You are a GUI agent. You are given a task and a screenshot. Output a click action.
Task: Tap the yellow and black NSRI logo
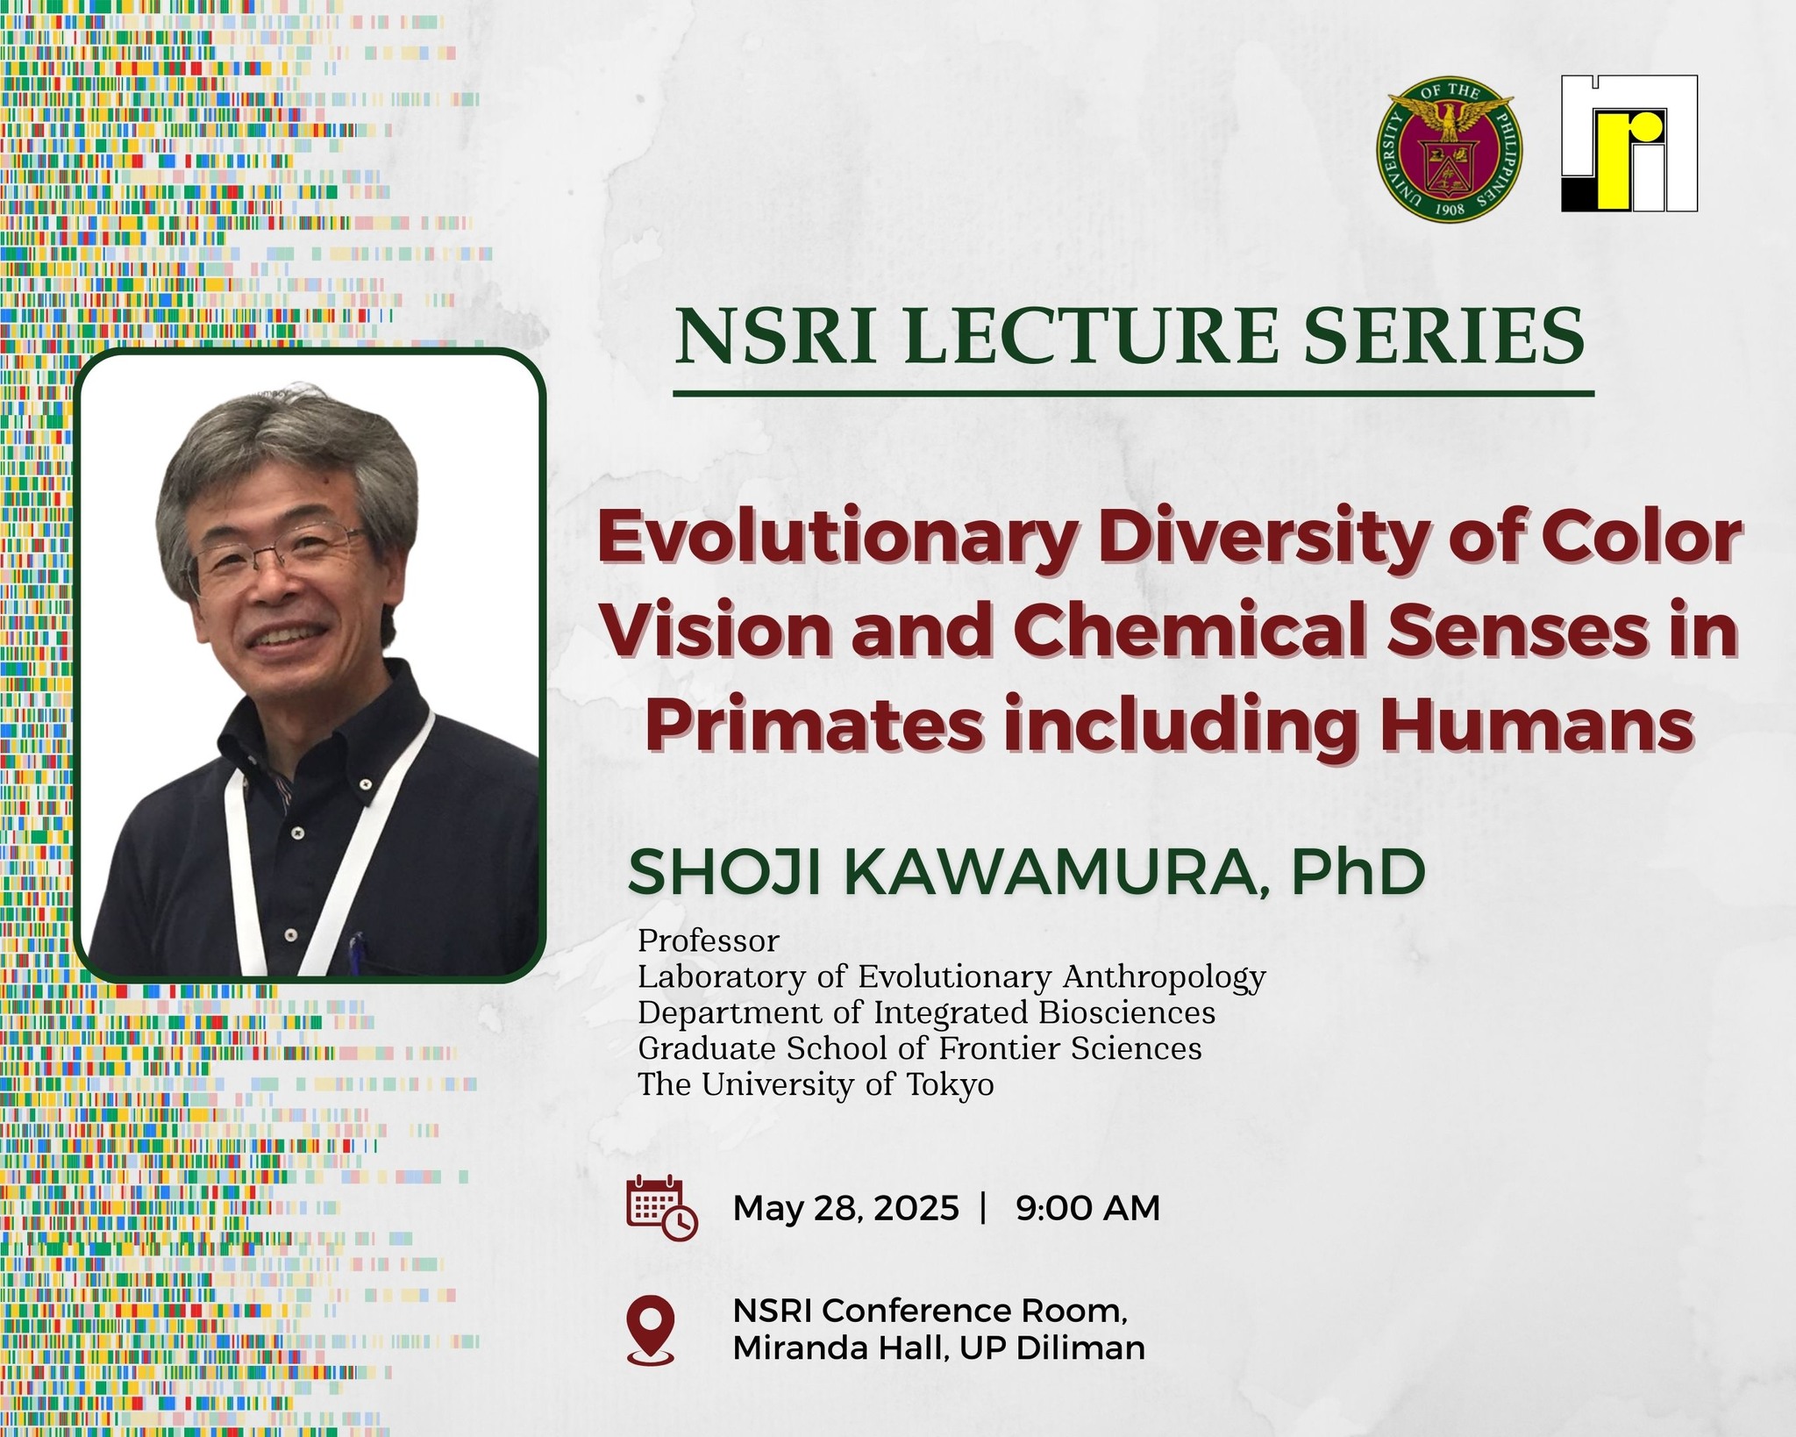[1629, 143]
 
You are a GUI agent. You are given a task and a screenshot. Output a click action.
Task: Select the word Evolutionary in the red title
[835, 539]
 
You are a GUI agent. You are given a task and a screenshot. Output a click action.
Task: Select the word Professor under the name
[709, 940]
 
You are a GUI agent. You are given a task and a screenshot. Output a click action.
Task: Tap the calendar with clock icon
[662, 1208]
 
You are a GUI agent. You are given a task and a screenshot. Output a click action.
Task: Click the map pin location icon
[651, 1330]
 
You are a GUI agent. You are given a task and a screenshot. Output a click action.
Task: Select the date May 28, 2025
[846, 1208]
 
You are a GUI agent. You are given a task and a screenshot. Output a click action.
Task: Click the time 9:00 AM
[1088, 1208]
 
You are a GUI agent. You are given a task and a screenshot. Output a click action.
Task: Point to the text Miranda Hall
[841, 1348]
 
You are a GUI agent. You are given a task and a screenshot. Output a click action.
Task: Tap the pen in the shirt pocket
[355, 947]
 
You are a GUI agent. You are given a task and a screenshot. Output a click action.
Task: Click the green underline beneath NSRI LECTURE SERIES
[1133, 394]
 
